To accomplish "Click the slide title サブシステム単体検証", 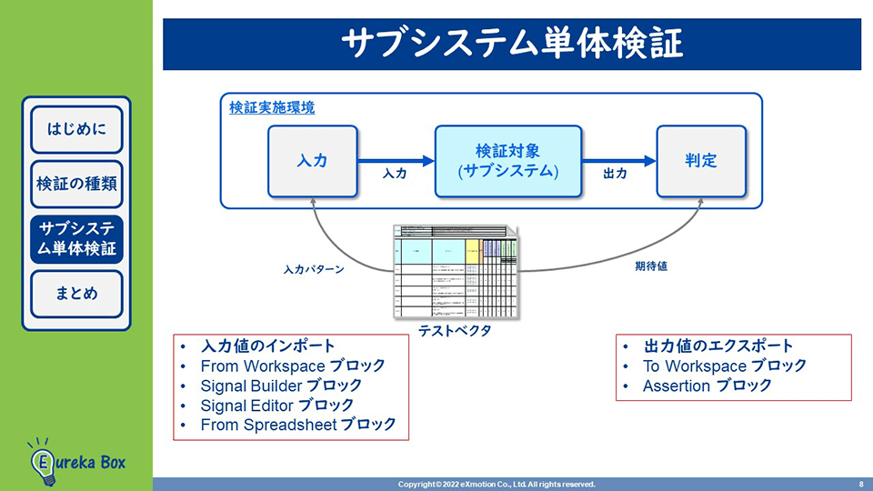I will click(512, 44).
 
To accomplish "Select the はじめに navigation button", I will click(76, 128).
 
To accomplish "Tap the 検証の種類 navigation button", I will click(76, 183).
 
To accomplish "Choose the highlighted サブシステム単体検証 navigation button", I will click(76, 239).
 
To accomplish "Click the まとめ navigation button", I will click(76, 294).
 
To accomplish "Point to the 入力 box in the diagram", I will click(312, 161).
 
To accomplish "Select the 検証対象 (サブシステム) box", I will click(507, 161).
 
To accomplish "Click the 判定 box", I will click(701, 161).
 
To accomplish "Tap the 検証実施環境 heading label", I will click(272, 107).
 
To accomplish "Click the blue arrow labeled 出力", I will click(618, 161).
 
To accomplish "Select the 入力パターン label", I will click(313, 270).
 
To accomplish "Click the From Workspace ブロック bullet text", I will click(293, 366).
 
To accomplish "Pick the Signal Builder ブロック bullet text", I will click(281, 386).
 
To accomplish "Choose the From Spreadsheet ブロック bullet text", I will click(298, 424).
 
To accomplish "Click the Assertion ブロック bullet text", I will click(707, 386).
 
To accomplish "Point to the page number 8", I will click(860, 484).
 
